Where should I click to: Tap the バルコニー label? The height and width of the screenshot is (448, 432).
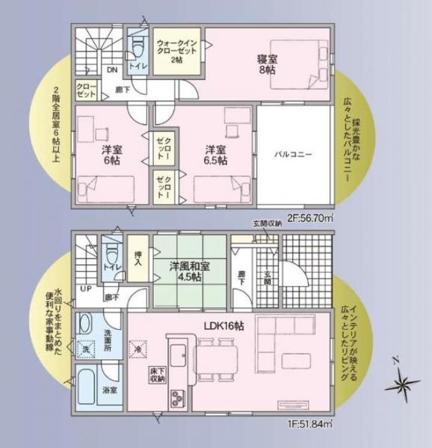292,155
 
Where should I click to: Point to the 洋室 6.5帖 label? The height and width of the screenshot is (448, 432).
217,155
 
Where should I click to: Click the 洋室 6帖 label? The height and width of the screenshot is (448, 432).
111,155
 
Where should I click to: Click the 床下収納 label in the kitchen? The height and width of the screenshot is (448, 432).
155,374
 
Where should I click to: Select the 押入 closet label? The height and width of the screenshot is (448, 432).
138,258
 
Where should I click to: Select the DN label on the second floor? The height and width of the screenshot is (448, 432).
111,69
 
